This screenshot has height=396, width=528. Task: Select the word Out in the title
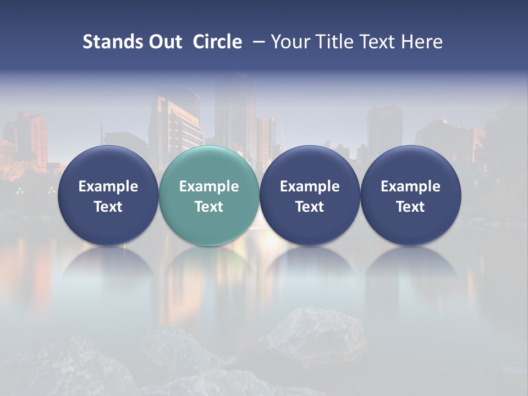pyautogui.click(x=164, y=42)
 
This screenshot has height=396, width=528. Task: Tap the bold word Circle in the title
pyautogui.click(x=217, y=42)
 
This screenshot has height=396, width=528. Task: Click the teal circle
pyautogui.click(x=209, y=195)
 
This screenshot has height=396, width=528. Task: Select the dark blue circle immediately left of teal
pyautogui.click(x=108, y=195)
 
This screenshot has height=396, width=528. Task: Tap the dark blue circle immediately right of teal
pyautogui.click(x=310, y=195)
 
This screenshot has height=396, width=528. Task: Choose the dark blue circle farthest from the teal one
pyautogui.click(x=410, y=195)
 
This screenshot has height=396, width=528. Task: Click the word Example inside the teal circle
pyautogui.click(x=209, y=186)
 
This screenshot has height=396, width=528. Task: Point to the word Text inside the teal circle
pyautogui.click(x=209, y=207)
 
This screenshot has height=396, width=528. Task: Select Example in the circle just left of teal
pyautogui.click(x=108, y=186)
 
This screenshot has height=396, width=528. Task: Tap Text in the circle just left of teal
pyautogui.click(x=108, y=207)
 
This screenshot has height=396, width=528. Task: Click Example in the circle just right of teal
pyautogui.click(x=310, y=186)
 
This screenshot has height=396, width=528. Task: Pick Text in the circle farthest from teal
pyautogui.click(x=410, y=207)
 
